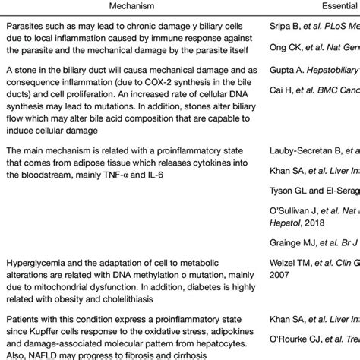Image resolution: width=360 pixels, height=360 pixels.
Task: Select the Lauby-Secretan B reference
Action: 315,172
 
